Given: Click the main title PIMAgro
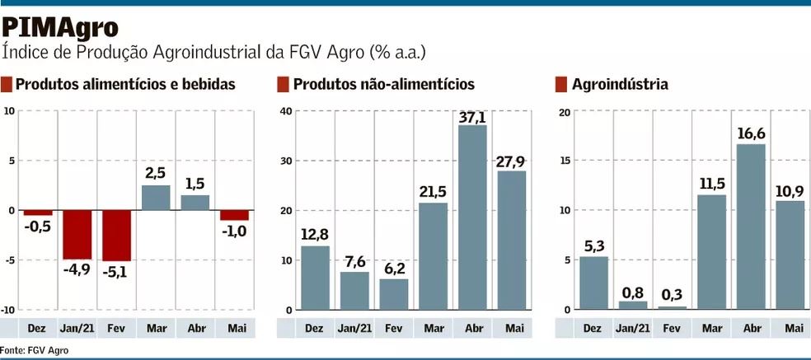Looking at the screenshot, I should click(x=59, y=27).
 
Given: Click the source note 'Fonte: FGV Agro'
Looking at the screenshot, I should click(x=35, y=350).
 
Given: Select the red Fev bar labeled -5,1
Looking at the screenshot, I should click(x=117, y=235).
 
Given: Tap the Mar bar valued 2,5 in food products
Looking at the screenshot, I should click(x=156, y=198).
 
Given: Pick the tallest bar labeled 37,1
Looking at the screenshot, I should click(x=472, y=217).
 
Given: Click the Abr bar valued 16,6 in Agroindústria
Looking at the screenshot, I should click(x=751, y=227).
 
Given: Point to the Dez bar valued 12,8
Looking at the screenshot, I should click(x=315, y=278).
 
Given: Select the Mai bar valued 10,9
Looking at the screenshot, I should click(x=790, y=255).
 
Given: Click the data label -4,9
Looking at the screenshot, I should click(x=77, y=269).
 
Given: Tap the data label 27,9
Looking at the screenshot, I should click(x=512, y=160).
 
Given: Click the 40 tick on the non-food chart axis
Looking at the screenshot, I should click(x=286, y=111).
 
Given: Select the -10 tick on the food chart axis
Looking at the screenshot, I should click(x=7, y=310).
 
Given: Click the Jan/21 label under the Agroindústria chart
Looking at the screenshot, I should click(x=632, y=328).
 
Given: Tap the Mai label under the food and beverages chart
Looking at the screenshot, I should click(x=235, y=328).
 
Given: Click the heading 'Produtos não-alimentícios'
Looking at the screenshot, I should click(x=383, y=84).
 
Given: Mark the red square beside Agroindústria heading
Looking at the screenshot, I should click(x=560, y=84).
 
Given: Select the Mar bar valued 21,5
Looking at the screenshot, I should click(x=434, y=256).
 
